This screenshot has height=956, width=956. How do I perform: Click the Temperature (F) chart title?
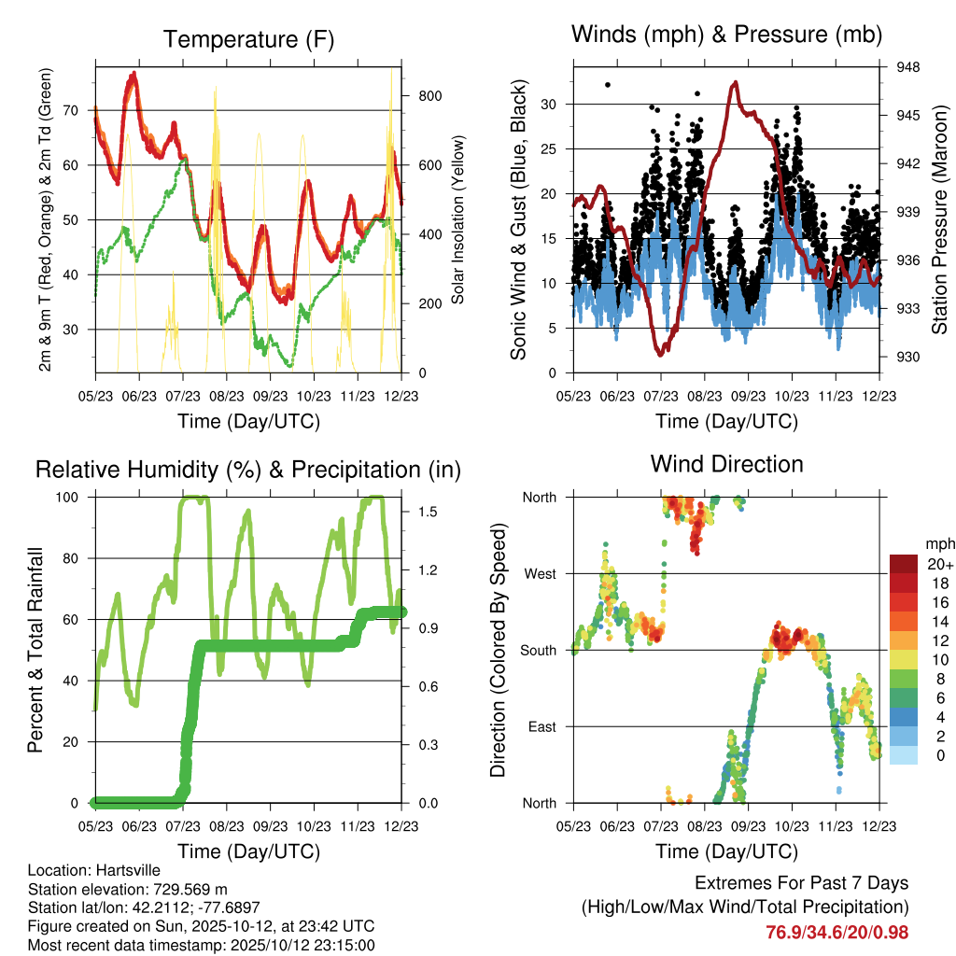tap(248, 39)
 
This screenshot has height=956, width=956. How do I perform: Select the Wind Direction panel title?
tap(726, 463)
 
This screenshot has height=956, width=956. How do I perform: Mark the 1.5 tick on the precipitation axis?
tap(422, 512)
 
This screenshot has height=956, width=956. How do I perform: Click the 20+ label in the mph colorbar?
tap(938, 564)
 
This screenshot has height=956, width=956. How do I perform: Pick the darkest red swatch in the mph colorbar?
tap(904, 564)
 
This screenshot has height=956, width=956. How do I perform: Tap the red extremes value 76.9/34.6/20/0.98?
tap(836, 932)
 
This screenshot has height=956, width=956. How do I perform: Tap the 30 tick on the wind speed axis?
tap(550, 104)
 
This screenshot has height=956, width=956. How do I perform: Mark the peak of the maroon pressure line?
tap(736, 82)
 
